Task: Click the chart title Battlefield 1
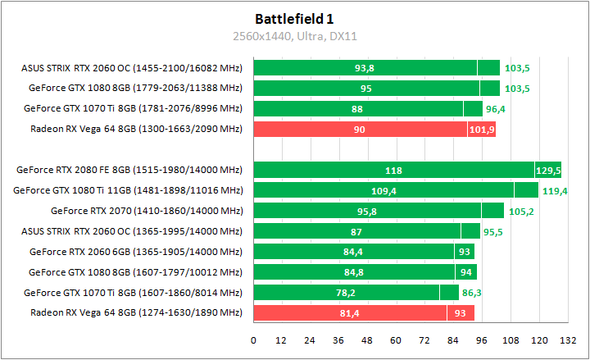click(x=294, y=18)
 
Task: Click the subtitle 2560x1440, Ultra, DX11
click(x=294, y=36)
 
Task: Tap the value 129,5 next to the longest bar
click(x=547, y=171)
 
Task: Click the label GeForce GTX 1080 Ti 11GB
click(x=128, y=190)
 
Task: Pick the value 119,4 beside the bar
click(x=554, y=191)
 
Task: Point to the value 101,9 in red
click(x=482, y=130)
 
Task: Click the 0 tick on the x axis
click(x=254, y=339)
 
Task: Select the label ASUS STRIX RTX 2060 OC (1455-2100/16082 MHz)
click(x=132, y=68)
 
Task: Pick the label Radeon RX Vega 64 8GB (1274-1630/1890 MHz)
click(x=136, y=312)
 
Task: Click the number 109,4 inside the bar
click(x=383, y=190)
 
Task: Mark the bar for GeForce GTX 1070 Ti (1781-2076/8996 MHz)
click(x=369, y=108)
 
